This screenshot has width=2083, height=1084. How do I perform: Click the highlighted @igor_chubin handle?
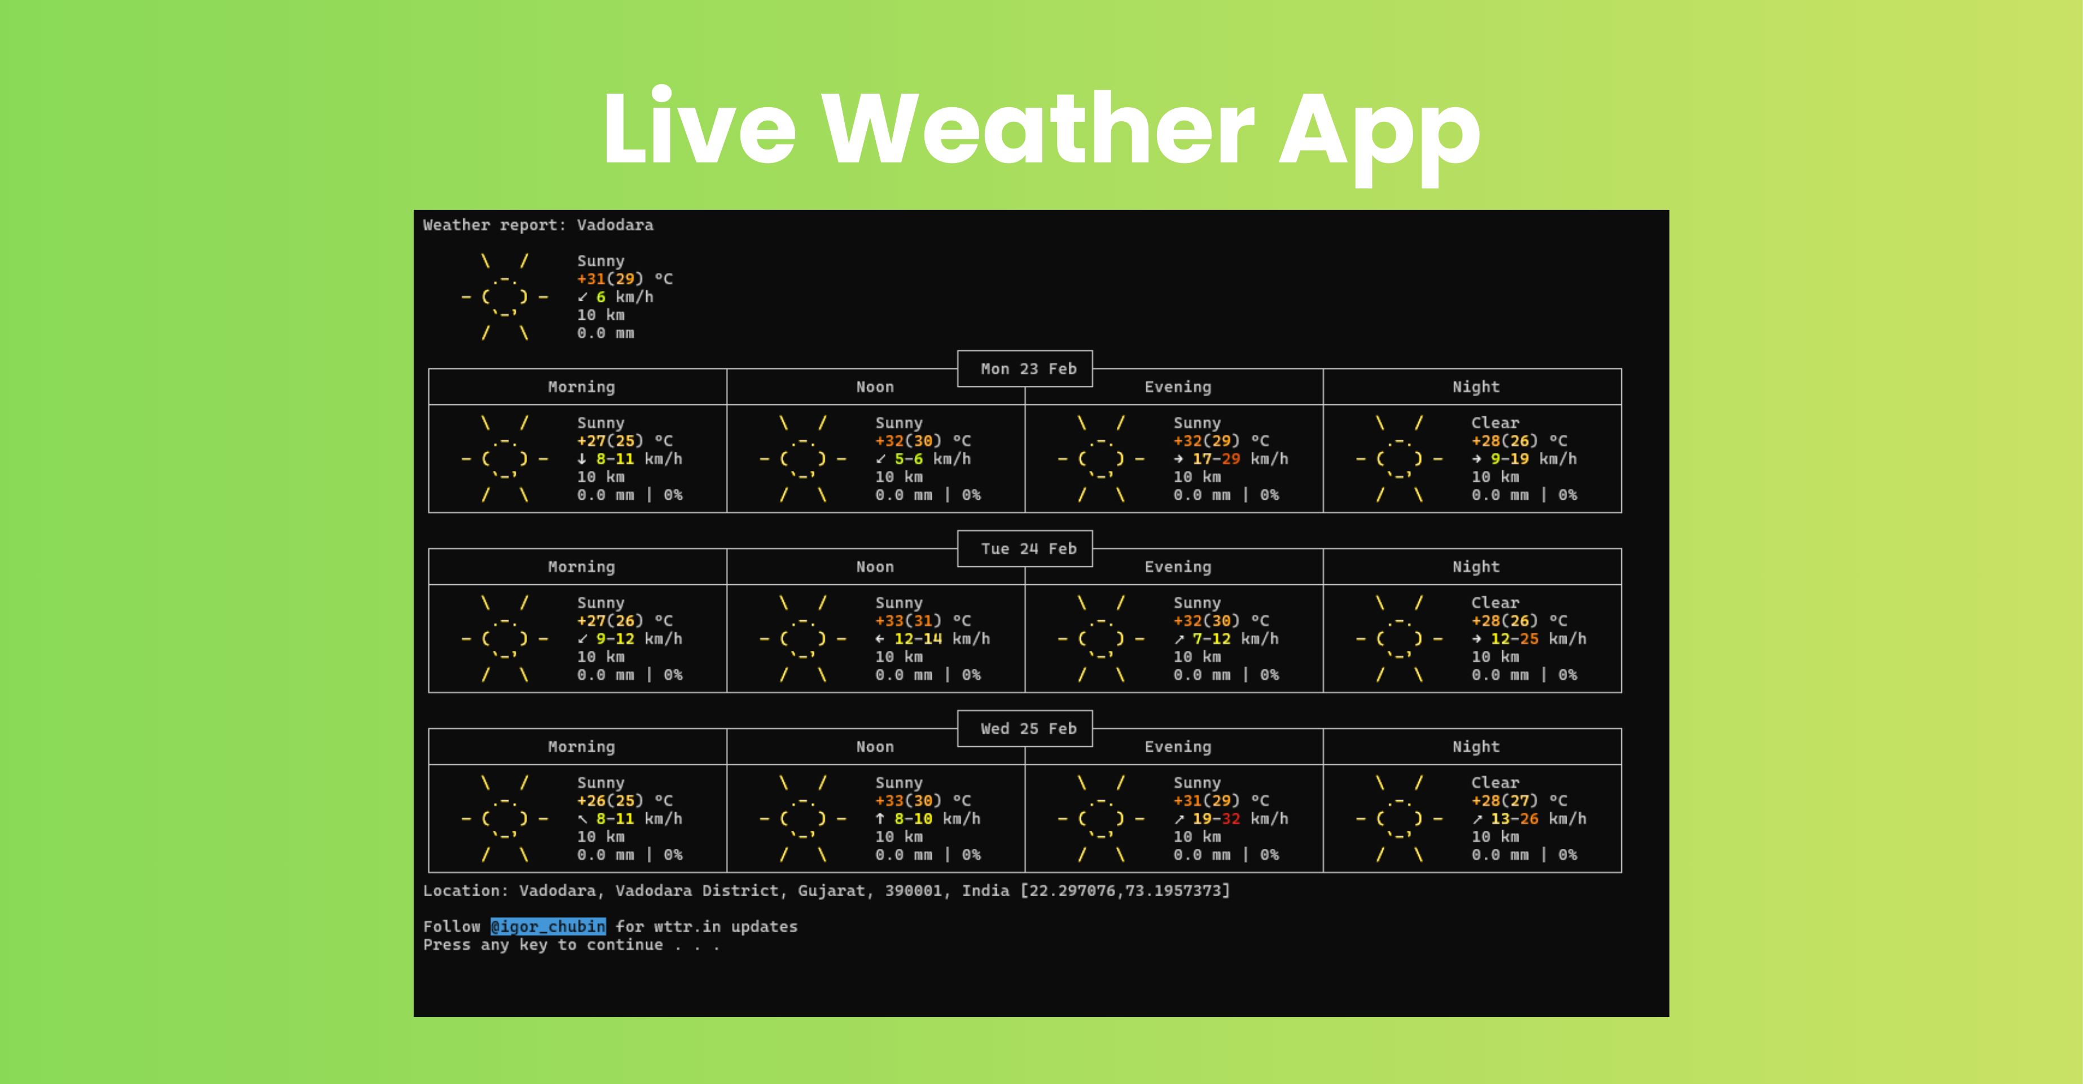pos(547,927)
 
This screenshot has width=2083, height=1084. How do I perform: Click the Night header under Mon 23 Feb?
pos(1475,387)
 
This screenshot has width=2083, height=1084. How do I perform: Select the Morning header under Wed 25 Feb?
pos(581,747)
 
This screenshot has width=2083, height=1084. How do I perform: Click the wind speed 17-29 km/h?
pos(1239,459)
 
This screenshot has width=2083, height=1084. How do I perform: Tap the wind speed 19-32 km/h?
pos(1239,819)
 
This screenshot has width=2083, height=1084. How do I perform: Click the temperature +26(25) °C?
pos(624,800)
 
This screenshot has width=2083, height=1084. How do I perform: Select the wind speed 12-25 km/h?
pos(1536,638)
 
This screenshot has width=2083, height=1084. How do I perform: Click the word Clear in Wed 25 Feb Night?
pos(1494,782)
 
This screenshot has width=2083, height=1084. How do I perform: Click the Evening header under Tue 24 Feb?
pos(1177,567)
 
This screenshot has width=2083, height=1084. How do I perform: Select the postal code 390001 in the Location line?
pos(913,891)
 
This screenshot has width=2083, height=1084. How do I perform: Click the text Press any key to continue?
pos(570,945)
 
